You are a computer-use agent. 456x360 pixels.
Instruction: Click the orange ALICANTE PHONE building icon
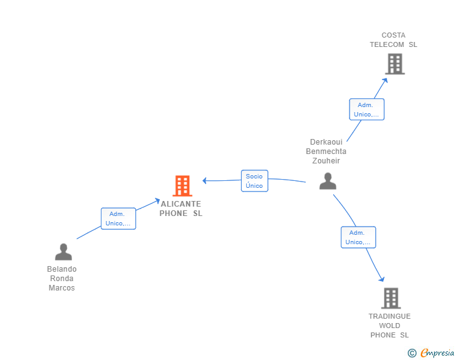click(x=182, y=185)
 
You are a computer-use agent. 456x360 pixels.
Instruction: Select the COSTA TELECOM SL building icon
click(x=395, y=64)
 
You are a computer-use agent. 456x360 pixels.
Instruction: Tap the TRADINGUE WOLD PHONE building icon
click(x=391, y=298)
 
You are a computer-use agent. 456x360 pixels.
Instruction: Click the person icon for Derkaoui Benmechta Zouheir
click(x=328, y=181)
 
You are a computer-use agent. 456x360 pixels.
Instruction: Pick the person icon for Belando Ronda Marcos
click(x=63, y=252)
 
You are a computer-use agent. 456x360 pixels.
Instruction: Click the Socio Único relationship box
click(x=254, y=181)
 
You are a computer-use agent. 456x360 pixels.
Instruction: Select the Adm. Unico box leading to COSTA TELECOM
click(x=366, y=110)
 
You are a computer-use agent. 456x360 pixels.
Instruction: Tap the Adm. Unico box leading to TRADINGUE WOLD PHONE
click(x=358, y=237)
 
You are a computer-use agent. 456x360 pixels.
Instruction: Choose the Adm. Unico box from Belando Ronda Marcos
click(x=118, y=219)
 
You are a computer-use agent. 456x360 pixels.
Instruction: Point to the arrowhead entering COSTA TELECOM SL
click(x=385, y=80)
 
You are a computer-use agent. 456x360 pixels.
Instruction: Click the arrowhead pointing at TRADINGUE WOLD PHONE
click(x=382, y=279)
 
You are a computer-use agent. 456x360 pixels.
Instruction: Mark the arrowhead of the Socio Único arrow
click(x=204, y=180)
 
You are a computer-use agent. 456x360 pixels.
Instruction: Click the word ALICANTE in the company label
click(x=181, y=204)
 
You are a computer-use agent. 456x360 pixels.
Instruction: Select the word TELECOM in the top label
click(x=387, y=44)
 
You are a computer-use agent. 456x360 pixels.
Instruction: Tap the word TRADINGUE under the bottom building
click(x=390, y=316)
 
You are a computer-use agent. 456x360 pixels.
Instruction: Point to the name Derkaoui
click(x=326, y=142)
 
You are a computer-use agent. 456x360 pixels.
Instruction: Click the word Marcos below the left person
click(x=61, y=288)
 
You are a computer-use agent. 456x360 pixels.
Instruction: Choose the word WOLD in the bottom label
click(x=390, y=326)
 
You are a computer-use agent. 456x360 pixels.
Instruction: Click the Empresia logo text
click(x=437, y=352)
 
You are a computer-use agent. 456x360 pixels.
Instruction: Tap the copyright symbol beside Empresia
click(x=412, y=353)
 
